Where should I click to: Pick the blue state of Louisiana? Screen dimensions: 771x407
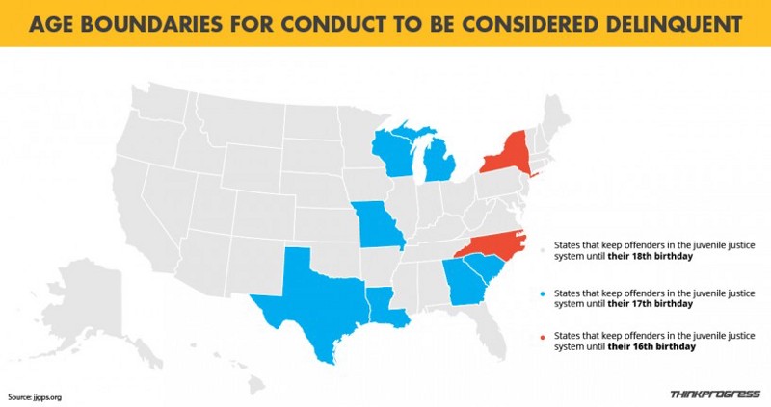point(385,304)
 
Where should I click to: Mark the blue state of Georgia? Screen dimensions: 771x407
point(463,284)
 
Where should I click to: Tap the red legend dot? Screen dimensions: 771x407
point(543,337)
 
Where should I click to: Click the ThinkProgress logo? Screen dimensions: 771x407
point(714,394)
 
